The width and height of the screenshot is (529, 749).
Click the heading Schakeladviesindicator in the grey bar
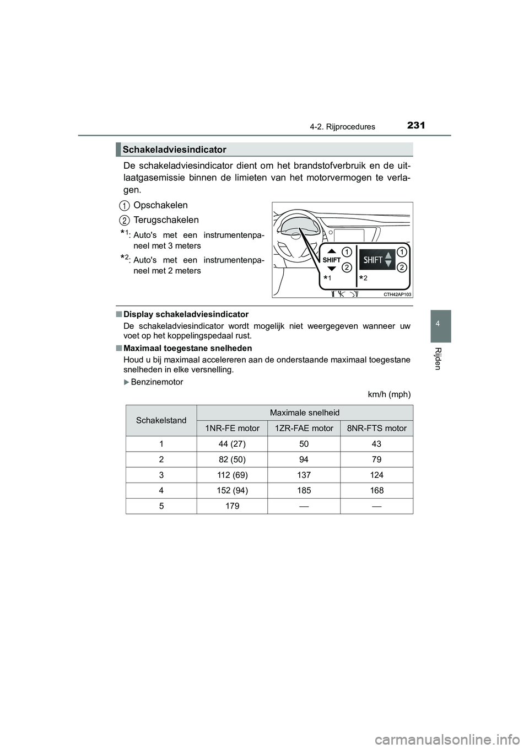[175, 149]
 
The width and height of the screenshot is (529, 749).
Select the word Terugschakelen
[166, 220]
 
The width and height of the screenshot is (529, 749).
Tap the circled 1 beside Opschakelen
[125, 205]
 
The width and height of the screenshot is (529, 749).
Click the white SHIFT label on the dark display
[373, 260]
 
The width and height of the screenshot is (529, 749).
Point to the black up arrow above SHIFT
[331, 250]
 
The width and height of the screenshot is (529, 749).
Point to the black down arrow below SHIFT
[331, 269]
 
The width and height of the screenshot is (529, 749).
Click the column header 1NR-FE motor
[232, 428]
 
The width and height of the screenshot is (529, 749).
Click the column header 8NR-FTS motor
[376, 428]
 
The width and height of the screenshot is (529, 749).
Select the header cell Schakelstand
[161, 420]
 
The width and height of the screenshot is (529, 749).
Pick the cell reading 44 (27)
[232, 443]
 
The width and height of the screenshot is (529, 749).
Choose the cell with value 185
[304, 490]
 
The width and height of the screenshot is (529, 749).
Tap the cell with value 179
[232, 505]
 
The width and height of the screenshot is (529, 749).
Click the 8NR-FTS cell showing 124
[376, 474]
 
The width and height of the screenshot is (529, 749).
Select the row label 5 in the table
[161, 505]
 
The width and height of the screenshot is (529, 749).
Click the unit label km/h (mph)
[389, 394]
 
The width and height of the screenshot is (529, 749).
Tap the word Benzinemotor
[157, 382]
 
